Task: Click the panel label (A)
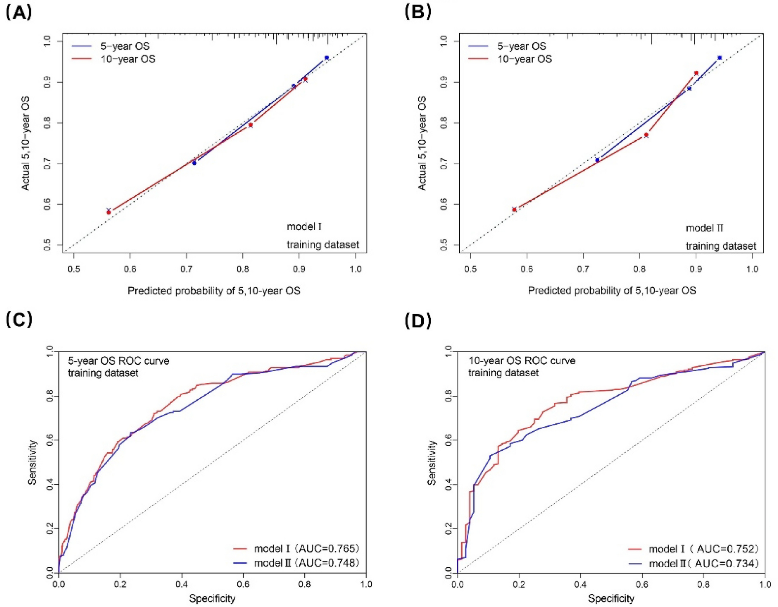19,12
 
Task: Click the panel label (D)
418,320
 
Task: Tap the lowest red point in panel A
109,212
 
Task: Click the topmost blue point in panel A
327,58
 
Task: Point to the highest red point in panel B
696,73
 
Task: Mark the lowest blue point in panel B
597,160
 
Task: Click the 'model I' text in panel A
304,227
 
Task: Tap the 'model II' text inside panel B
704,228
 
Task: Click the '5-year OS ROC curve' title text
119,361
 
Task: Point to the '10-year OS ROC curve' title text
522,361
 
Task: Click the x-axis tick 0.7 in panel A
186,269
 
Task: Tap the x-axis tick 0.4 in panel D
580,584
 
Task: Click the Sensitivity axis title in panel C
32,462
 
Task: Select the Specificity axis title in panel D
611,598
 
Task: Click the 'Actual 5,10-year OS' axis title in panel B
422,143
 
